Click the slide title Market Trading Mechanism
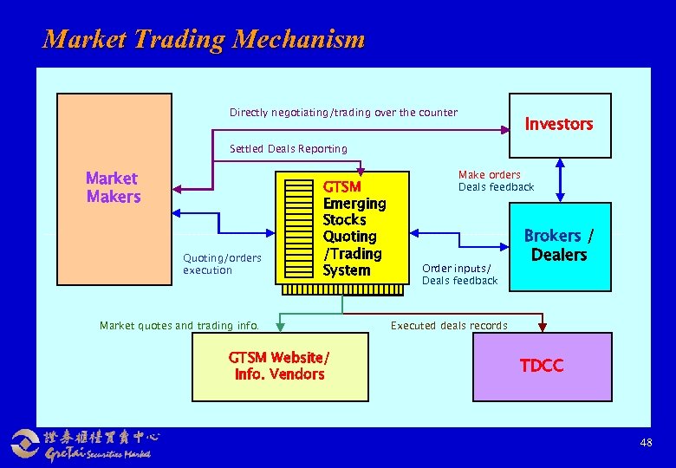point(204,39)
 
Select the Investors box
point(559,124)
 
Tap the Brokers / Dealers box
point(559,245)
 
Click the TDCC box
point(542,366)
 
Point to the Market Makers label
point(113,187)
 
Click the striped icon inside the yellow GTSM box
point(301,228)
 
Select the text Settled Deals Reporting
point(288,149)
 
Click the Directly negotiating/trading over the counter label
point(343,113)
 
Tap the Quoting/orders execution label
point(222,263)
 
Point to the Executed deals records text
point(449,326)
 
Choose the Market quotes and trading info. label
point(179,326)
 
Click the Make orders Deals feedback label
point(496,181)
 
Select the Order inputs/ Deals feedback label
point(459,274)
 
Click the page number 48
point(646,443)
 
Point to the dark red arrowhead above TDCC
point(543,327)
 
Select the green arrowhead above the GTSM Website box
point(280,327)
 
